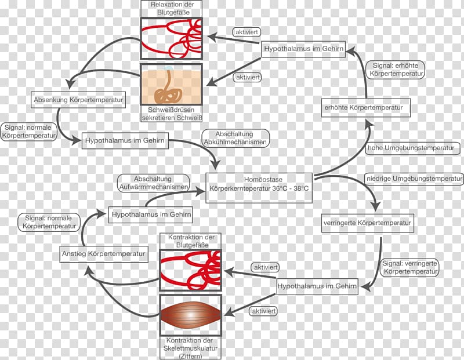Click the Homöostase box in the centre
click(259, 188)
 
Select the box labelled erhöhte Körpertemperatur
click(366, 108)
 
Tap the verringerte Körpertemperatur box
click(368, 223)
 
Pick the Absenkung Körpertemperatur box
click(78, 100)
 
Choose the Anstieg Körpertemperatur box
click(104, 254)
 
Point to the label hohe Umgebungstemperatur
click(412, 148)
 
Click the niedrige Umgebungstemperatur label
click(414, 179)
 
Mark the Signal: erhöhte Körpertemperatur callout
click(396, 70)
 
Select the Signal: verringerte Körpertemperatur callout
click(410, 268)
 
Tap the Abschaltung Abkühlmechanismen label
click(235, 138)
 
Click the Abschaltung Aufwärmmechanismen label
click(153, 183)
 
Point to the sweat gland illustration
click(171, 85)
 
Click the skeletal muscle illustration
click(191, 315)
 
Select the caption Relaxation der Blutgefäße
click(172, 9)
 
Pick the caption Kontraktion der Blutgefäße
click(191, 241)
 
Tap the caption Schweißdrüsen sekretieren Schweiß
click(172, 114)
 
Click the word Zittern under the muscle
click(191, 357)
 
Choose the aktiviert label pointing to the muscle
click(263, 311)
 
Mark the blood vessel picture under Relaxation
click(171, 39)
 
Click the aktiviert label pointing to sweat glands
click(248, 78)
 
